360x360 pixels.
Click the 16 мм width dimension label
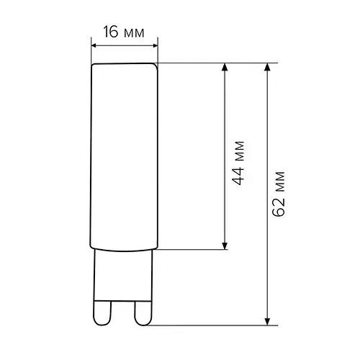pos(124,32)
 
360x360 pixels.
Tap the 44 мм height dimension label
pos(239,163)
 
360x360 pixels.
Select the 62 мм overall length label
pos(279,194)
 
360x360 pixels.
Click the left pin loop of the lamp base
pos(102,313)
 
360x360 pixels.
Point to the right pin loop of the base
pos(143,313)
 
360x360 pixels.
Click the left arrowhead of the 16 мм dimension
pos(94,45)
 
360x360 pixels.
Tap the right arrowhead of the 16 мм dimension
pos(156,45)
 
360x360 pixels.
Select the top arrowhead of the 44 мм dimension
pos(225,67)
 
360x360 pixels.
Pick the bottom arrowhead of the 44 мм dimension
pos(225,246)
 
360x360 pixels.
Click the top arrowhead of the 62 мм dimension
pos(267,67)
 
